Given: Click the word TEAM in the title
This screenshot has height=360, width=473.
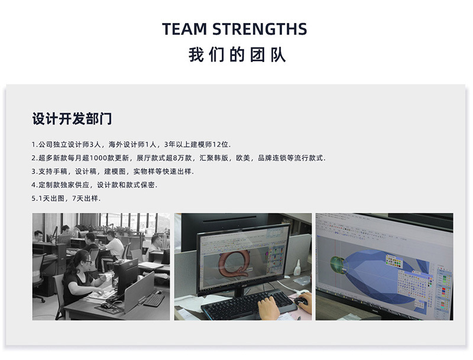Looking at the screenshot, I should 184,29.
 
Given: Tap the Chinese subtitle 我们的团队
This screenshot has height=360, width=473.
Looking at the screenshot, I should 237,56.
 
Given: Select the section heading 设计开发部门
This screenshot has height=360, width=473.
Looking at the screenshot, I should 72,119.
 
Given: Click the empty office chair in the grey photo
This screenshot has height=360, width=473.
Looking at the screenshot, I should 39,273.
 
